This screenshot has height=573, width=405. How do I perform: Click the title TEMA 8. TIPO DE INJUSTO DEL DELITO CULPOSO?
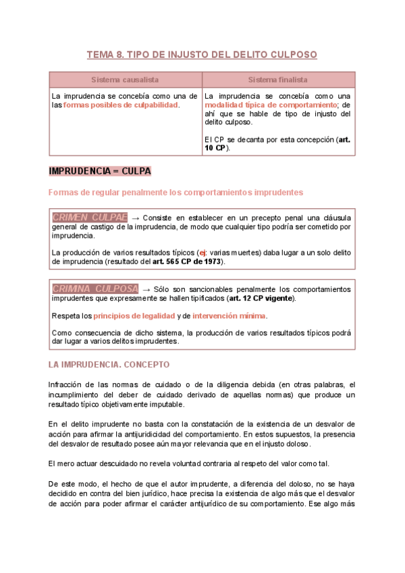[202, 55]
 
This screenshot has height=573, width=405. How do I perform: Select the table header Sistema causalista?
[126, 80]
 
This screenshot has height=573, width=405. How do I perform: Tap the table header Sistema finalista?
[278, 80]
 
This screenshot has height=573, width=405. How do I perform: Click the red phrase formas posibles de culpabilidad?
[121, 105]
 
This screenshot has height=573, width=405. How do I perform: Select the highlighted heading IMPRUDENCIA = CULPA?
[100, 171]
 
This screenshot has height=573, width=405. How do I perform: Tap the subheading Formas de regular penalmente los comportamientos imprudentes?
[175, 193]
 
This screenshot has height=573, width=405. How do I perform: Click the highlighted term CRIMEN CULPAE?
[90, 218]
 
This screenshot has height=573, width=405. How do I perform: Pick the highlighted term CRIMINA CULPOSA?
[95, 289]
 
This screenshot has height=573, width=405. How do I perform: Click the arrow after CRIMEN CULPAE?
[135, 218]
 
